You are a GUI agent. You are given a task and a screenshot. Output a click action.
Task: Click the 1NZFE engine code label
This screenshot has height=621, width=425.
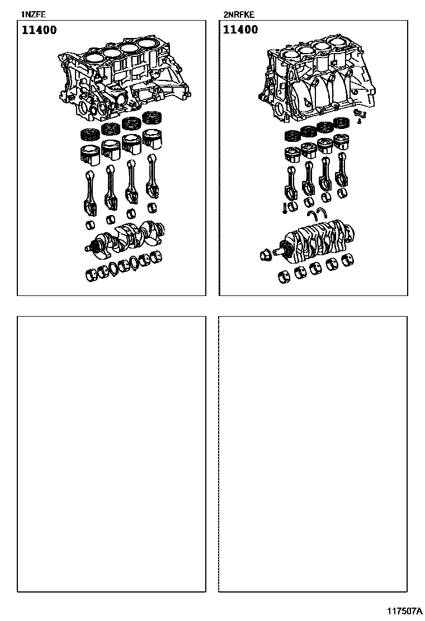point(34,15)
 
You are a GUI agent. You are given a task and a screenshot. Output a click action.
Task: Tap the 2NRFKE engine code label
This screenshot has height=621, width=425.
point(239,15)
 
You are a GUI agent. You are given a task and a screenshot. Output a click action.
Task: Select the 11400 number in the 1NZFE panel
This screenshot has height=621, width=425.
point(39,30)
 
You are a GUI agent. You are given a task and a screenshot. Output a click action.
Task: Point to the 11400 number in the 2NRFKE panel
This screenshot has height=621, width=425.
point(240,30)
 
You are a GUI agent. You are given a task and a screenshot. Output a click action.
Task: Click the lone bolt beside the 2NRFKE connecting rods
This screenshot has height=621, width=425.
point(284,208)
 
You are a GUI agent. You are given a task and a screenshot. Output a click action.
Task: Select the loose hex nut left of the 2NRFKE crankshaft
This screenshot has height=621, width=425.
point(265,255)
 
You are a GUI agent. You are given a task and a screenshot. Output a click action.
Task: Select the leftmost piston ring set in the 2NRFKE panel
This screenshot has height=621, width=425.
point(292,136)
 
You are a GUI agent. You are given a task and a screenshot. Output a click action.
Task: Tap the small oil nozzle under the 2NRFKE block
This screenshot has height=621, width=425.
point(360,116)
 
